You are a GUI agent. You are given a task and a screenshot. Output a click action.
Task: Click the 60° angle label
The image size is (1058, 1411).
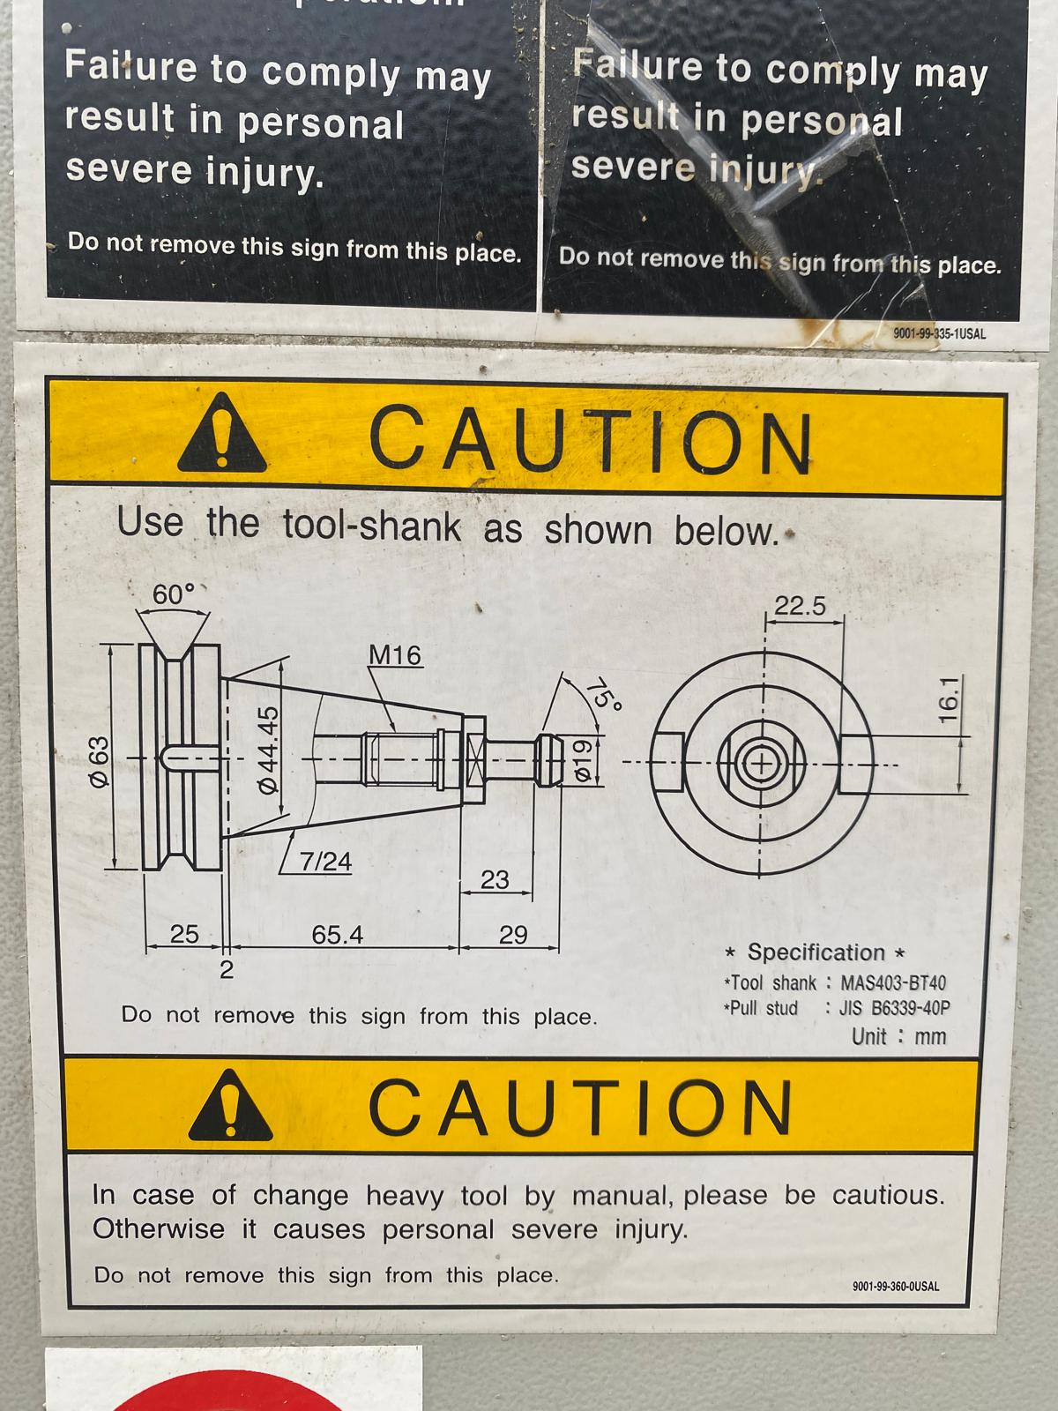click(174, 594)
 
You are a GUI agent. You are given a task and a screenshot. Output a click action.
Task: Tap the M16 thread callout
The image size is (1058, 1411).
click(395, 655)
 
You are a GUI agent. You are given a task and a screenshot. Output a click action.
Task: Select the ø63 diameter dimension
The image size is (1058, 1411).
click(100, 761)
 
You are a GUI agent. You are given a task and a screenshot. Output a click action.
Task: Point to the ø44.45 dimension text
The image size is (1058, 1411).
click(267, 750)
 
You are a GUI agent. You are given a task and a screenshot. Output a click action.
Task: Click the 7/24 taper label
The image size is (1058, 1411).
click(325, 862)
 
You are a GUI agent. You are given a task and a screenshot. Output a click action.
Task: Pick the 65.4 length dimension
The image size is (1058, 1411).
click(338, 934)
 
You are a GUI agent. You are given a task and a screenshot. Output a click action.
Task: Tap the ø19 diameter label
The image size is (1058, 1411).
click(581, 760)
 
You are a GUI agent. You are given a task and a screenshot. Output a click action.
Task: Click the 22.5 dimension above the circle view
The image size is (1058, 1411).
click(799, 606)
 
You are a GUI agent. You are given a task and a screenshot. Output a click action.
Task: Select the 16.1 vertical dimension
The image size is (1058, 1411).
click(949, 699)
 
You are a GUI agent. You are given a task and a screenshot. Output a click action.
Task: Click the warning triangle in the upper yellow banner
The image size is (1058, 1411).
click(221, 433)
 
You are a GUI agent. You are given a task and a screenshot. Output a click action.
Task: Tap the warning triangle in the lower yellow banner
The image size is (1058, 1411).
click(230, 1105)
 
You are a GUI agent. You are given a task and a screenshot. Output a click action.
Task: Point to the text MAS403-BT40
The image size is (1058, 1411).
click(893, 983)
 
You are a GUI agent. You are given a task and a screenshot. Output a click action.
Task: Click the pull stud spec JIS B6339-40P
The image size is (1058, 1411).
click(893, 1008)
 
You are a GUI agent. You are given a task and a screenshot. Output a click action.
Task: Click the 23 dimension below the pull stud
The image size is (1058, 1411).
click(495, 879)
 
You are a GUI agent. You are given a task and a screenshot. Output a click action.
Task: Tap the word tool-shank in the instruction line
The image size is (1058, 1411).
click(372, 526)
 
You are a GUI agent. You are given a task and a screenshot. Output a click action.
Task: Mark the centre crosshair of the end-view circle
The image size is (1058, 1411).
click(761, 765)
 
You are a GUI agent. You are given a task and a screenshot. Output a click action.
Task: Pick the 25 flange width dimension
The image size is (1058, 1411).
click(184, 934)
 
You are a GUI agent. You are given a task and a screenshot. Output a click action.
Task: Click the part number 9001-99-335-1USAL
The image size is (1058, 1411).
click(939, 334)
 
